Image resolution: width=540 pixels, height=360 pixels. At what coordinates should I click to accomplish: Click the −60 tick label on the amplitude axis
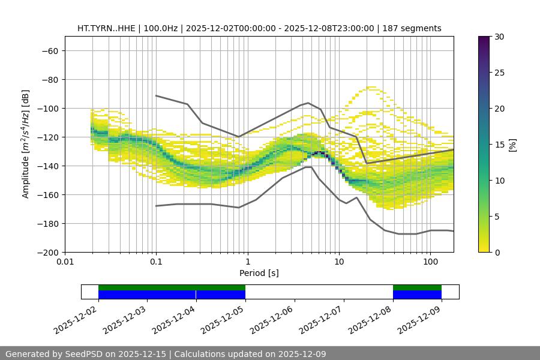(x=49, y=51)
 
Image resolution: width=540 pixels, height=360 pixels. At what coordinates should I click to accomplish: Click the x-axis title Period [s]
(x=259, y=274)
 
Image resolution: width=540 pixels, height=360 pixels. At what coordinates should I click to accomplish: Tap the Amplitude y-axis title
(x=26, y=145)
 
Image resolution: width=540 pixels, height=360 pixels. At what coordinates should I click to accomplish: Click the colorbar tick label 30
(x=499, y=37)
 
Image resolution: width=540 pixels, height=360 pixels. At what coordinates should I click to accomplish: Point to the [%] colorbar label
(x=512, y=145)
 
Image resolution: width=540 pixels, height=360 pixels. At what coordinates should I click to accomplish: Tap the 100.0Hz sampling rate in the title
(x=160, y=29)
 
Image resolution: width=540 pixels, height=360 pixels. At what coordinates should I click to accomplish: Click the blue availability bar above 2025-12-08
(x=417, y=295)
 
